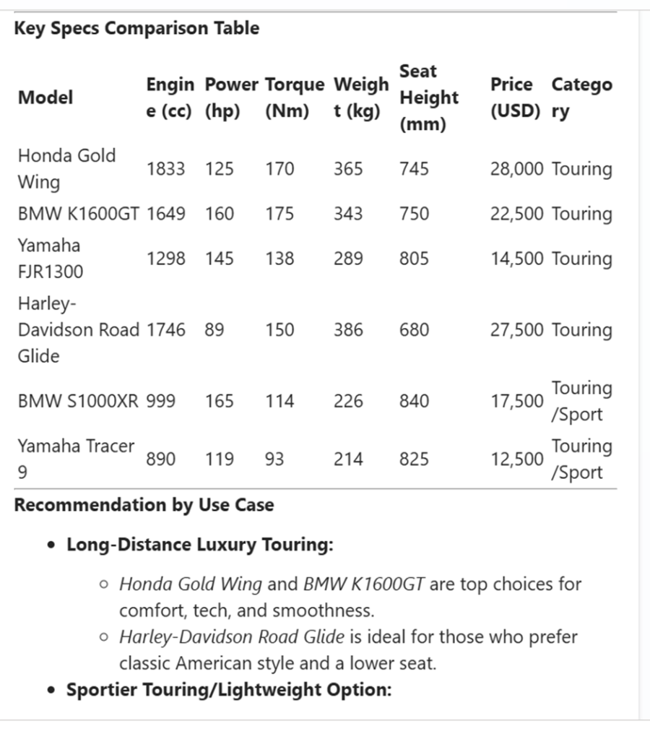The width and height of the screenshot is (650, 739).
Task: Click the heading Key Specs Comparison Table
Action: pos(136,29)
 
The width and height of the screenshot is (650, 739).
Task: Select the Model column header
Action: pos(45,98)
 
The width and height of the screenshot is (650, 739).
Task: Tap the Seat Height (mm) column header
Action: pos(429,98)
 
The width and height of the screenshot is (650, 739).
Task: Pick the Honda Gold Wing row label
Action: pos(66,168)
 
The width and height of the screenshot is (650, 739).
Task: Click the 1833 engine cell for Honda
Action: pos(165,169)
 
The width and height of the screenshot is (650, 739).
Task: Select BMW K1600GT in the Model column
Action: pos(78,214)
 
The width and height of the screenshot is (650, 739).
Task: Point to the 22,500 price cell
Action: pos(516,214)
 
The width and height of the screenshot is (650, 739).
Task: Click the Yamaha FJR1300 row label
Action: pos(50,259)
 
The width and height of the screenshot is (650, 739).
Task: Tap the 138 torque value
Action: pos(279,259)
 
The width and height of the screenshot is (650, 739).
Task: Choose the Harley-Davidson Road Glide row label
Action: pos(78,329)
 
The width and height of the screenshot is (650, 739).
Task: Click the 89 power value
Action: pos(214,330)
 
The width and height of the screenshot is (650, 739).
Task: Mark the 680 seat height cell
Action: pos(414,330)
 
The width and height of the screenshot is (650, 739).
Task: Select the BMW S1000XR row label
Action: pos(77,401)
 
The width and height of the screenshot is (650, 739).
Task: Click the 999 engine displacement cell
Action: pos(160,401)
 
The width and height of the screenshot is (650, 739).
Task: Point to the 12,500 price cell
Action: pos(517,459)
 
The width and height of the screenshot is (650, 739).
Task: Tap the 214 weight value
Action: pos(348,459)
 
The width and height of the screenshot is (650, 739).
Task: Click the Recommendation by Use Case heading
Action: pos(144,505)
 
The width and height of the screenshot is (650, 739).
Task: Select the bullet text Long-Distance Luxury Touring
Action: pos(200,545)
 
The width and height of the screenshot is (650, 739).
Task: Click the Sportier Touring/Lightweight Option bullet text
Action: pos(229,690)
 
